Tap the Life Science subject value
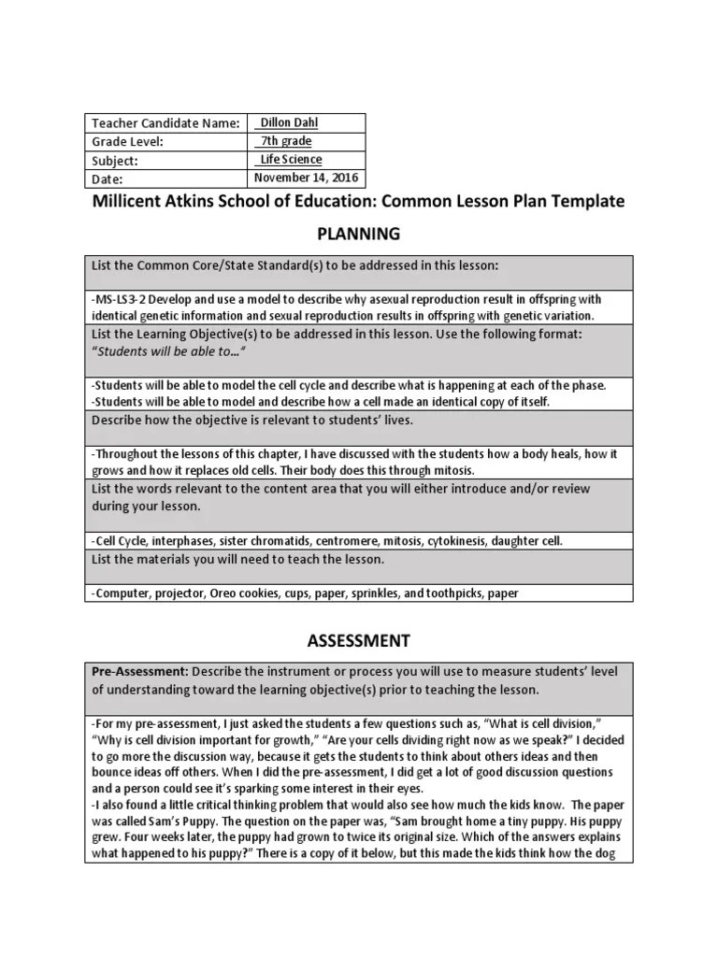point(291,160)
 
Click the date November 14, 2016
point(306,178)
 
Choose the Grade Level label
point(128,142)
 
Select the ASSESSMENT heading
point(359,640)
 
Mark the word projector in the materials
point(184,593)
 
